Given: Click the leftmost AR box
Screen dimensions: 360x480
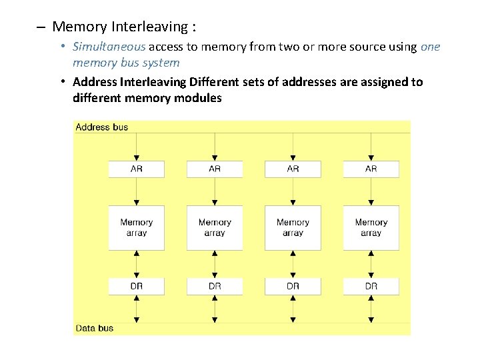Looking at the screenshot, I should click(136, 169).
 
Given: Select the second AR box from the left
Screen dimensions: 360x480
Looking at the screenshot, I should click(215, 169).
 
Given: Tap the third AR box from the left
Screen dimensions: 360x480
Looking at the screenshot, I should click(293, 169).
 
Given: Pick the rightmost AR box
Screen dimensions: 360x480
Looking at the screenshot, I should click(371, 169).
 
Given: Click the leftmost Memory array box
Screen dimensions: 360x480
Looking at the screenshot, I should click(136, 227).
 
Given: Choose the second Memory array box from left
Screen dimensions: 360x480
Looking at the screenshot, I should click(215, 227).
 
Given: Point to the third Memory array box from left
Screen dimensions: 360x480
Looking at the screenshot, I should click(293, 227).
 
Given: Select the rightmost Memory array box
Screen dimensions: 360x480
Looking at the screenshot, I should click(371, 227).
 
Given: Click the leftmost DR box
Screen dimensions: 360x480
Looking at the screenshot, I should click(136, 286).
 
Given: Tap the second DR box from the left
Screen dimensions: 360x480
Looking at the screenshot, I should click(215, 286).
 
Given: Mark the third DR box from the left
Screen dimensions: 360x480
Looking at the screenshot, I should click(293, 286).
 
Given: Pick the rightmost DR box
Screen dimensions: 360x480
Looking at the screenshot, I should click(371, 286).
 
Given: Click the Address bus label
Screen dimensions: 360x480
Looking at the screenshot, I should click(101, 127).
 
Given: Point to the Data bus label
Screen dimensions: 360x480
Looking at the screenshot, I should click(95, 328).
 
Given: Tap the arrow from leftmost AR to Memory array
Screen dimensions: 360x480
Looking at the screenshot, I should click(136, 191).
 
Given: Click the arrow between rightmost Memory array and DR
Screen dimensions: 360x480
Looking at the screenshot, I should click(371, 263).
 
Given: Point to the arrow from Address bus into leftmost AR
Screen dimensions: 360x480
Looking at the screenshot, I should click(136, 147).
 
